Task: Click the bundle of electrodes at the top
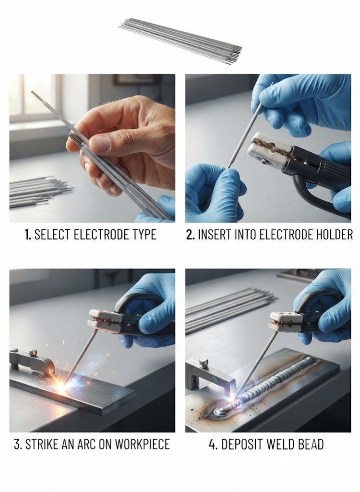click(x=181, y=41)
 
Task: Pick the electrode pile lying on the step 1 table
click(x=39, y=191)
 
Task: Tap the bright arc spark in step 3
click(x=63, y=385)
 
